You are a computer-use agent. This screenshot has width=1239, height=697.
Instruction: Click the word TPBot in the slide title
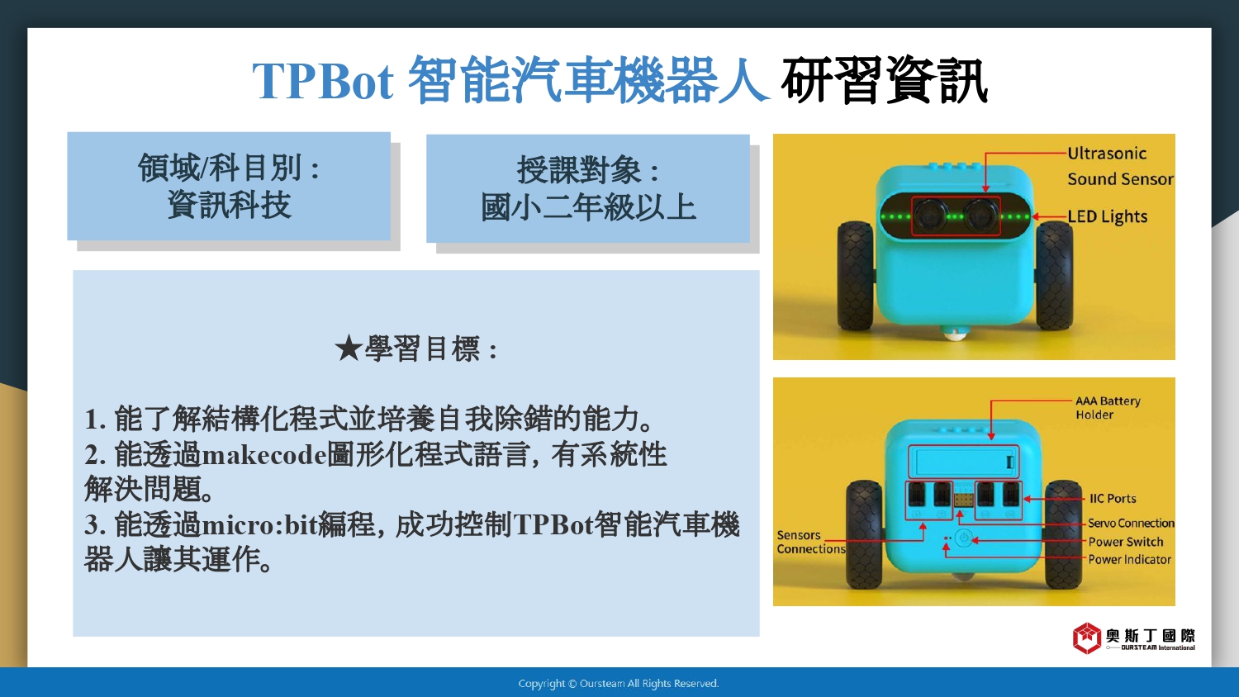point(323,81)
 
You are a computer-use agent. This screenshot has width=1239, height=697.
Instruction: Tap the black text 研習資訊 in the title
point(884,81)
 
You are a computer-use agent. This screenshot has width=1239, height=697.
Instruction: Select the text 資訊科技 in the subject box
point(229,206)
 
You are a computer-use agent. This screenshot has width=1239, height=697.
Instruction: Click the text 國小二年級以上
point(588,207)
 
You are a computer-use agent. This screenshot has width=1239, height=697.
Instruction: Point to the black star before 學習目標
point(349,349)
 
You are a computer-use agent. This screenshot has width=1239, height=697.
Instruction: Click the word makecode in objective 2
point(264,455)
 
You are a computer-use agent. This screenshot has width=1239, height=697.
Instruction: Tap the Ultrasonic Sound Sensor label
point(1120,166)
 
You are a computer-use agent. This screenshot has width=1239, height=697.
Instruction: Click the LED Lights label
point(1108,216)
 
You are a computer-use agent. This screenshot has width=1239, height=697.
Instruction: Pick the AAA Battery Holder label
point(1108,408)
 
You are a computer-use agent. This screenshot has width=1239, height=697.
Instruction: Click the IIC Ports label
point(1113,499)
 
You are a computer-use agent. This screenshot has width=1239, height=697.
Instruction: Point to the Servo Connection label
point(1131,524)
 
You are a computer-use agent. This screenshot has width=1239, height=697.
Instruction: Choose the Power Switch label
point(1126,542)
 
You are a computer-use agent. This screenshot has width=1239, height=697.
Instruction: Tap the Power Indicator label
point(1129,559)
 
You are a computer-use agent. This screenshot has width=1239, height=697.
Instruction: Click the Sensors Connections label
point(811,542)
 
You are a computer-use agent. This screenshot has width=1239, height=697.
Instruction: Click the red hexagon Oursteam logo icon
point(1087,638)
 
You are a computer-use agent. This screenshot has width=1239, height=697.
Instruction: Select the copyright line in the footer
point(619,684)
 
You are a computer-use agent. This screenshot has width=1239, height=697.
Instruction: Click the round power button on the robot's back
point(964,538)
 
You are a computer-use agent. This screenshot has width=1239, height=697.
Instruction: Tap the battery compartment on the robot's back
point(963,462)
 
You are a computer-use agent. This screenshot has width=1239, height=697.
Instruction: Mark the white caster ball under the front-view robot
point(954,334)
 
